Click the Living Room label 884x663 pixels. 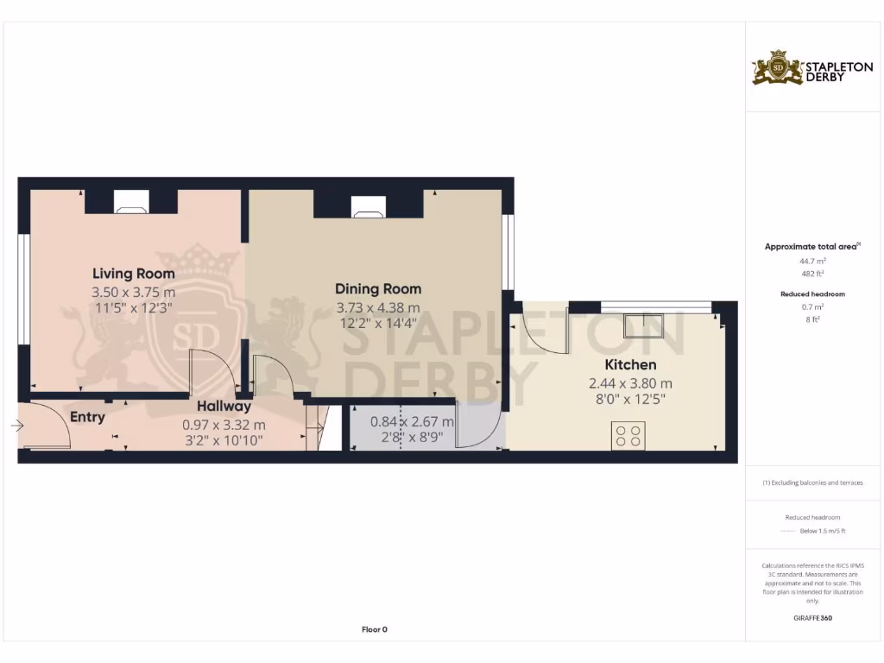point(133,274)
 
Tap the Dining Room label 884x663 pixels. point(378,288)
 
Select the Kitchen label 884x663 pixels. point(630,364)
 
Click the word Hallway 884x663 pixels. point(224,406)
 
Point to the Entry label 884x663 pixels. point(87,417)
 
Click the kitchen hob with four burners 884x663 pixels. point(628,435)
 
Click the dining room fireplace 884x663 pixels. point(369,205)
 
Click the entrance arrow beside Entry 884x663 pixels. point(17,426)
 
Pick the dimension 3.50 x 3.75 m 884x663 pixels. point(133,293)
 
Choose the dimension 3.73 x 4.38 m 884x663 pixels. point(378,307)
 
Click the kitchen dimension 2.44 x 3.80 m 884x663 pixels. point(630,383)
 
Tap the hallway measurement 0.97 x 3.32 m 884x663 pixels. point(224,425)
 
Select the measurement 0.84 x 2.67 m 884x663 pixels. point(412,422)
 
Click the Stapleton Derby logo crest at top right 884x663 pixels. point(778,68)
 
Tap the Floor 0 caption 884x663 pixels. point(374,629)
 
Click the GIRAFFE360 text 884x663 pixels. point(811,618)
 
